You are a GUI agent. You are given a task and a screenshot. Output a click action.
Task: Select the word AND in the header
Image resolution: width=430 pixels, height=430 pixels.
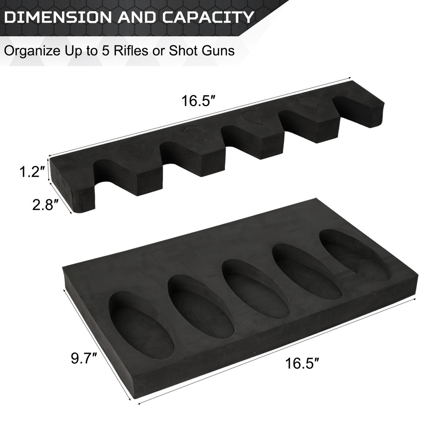[x=141, y=17]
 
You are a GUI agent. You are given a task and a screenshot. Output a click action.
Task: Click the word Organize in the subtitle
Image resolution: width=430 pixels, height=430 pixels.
[x=30, y=51]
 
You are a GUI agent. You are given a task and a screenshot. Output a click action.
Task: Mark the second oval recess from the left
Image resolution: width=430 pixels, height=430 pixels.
[x=200, y=307]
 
